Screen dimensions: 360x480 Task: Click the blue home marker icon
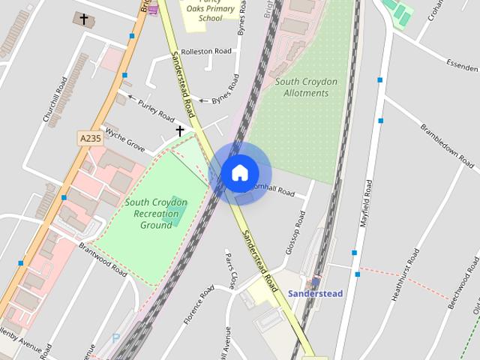point(239,173)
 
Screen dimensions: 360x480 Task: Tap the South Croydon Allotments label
point(306,87)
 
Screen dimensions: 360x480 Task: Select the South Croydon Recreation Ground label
point(157,214)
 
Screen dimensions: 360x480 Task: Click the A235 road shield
point(89,138)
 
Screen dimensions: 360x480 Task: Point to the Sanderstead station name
point(315,293)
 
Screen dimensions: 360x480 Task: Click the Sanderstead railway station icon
point(316,281)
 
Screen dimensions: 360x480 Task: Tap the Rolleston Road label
point(202,52)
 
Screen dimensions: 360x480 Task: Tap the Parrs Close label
point(230,270)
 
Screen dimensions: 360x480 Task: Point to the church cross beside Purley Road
point(179,131)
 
